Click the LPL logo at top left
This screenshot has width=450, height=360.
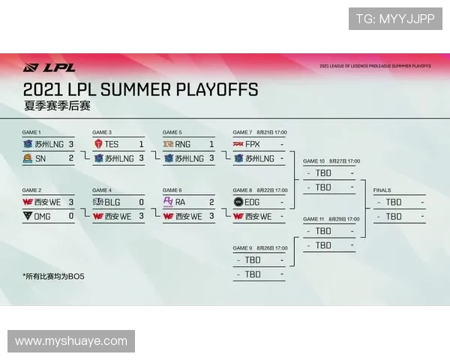pos(49,67)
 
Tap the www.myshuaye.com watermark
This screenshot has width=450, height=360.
pos(71,341)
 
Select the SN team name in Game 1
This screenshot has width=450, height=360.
pos(40,158)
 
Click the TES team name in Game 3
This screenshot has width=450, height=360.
pos(111,144)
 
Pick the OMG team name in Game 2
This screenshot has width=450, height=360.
pos(43,216)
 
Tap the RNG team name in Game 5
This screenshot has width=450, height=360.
pos(182,144)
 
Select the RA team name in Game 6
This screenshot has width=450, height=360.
pos(181,202)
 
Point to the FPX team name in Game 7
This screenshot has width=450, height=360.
pos(252,144)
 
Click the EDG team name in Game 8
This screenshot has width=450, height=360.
pos(253,202)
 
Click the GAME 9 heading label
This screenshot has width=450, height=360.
pos(242,247)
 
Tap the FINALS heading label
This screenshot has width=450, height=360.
pos(382,190)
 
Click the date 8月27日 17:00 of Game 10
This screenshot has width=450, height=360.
pos(344,161)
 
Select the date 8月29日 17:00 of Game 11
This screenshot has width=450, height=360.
pos(344,219)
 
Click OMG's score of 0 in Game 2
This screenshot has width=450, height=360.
pos(70,216)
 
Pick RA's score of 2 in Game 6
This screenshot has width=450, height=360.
pos(211,202)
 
